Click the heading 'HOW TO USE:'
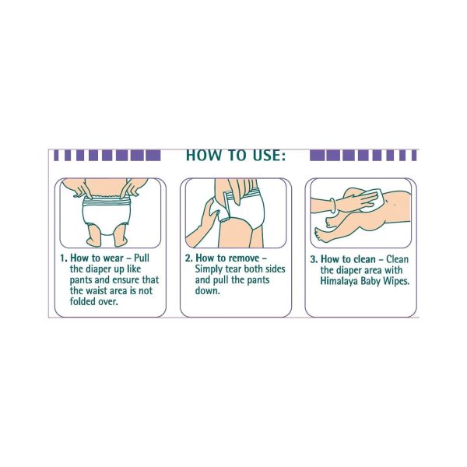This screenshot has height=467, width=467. [236, 155]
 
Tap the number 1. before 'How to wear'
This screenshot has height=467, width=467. [64, 258]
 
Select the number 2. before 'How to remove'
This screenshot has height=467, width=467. [189, 258]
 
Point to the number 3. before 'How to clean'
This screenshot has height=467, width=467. [314, 259]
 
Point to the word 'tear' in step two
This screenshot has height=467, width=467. [233, 269]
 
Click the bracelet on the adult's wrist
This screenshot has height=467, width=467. [334, 205]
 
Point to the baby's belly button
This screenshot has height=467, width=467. [395, 205]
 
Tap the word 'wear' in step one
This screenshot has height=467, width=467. [114, 258]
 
